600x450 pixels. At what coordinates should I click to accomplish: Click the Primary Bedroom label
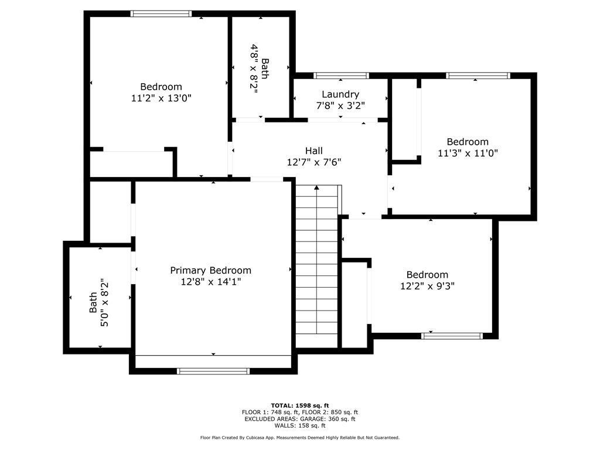(x=210, y=270)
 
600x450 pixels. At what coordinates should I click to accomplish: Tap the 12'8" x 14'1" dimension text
(x=210, y=282)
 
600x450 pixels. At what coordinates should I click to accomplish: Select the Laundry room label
(x=340, y=94)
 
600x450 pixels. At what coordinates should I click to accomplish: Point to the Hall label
(x=313, y=151)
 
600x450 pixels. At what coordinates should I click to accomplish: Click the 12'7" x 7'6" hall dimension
(x=313, y=162)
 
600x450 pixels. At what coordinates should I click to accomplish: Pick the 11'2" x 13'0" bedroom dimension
(x=161, y=98)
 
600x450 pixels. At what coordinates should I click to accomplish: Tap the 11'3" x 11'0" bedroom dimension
(x=468, y=153)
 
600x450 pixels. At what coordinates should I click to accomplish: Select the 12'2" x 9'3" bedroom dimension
(x=427, y=287)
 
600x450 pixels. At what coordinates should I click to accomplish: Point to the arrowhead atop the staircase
(x=316, y=188)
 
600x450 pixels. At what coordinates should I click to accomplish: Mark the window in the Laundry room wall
(x=341, y=76)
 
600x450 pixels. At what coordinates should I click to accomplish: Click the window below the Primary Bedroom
(x=213, y=371)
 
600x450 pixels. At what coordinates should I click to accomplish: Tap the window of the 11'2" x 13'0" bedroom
(x=161, y=13)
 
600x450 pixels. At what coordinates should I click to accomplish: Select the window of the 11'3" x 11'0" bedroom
(x=478, y=76)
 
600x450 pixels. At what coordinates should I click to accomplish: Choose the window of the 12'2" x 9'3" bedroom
(x=452, y=336)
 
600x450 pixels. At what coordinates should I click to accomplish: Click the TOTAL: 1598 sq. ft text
(x=299, y=405)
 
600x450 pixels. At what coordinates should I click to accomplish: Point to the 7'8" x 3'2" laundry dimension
(x=340, y=106)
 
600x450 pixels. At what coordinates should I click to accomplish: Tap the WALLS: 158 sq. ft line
(x=299, y=426)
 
